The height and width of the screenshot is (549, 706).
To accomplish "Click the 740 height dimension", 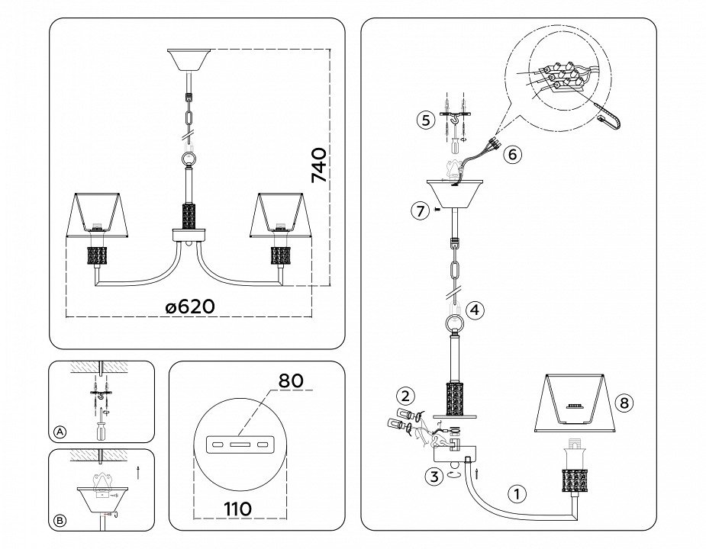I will click(320, 165).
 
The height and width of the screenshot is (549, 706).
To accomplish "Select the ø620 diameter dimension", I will click(190, 307).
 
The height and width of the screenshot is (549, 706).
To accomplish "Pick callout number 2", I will click(405, 396).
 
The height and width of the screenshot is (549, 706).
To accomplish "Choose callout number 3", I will click(433, 478).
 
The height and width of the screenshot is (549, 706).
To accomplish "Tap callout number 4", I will click(475, 310).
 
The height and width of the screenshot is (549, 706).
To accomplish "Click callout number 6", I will click(512, 154).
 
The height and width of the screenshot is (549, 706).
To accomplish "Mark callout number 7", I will click(420, 212).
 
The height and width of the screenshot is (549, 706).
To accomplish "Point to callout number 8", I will click(624, 404).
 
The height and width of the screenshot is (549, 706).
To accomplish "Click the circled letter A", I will click(60, 432).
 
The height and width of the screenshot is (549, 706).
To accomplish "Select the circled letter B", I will click(60, 522).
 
